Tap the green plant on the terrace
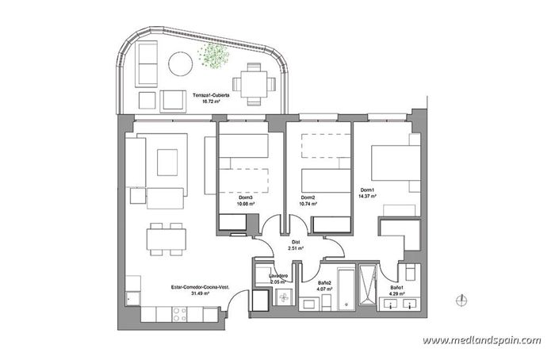coord(212,55)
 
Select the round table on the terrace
coord(179,62)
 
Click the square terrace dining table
coord(254,82)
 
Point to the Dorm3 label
coord(244,197)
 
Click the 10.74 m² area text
coord(308,204)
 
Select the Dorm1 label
coord(367,190)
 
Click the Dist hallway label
coord(295,243)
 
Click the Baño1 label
coord(397,287)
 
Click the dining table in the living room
coord(166,236)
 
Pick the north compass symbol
coord(462,298)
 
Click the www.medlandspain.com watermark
coord(481,340)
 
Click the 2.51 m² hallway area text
coord(295,249)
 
